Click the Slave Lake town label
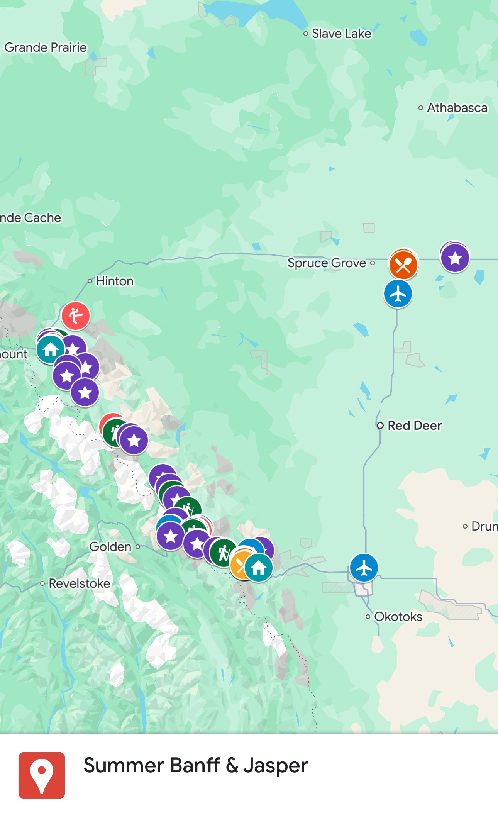[x=341, y=34]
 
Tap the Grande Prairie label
[x=45, y=47]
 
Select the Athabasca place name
[x=457, y=108]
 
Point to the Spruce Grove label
[x=327, y=263]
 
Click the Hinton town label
[x=115, y=281]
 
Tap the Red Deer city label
[x=414, y=426]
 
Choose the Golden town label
[x=110, y=547]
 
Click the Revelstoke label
[x=79, y=583]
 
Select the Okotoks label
[x=398, y=617]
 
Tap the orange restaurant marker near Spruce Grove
[x=403, y=265]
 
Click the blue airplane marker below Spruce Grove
[x=398, y=294]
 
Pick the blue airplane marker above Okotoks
[x=364, y=568]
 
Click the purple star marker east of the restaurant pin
[x=455, y=258]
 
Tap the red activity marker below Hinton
[x=76, y=316]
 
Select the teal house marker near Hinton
[x=50, y=349]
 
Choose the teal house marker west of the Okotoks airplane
[x=258, y=568]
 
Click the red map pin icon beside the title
[x=42, y=775]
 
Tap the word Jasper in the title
[x=276, y=766]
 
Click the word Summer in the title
[x=124, y=766]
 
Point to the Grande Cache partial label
[x=30, y=218]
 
